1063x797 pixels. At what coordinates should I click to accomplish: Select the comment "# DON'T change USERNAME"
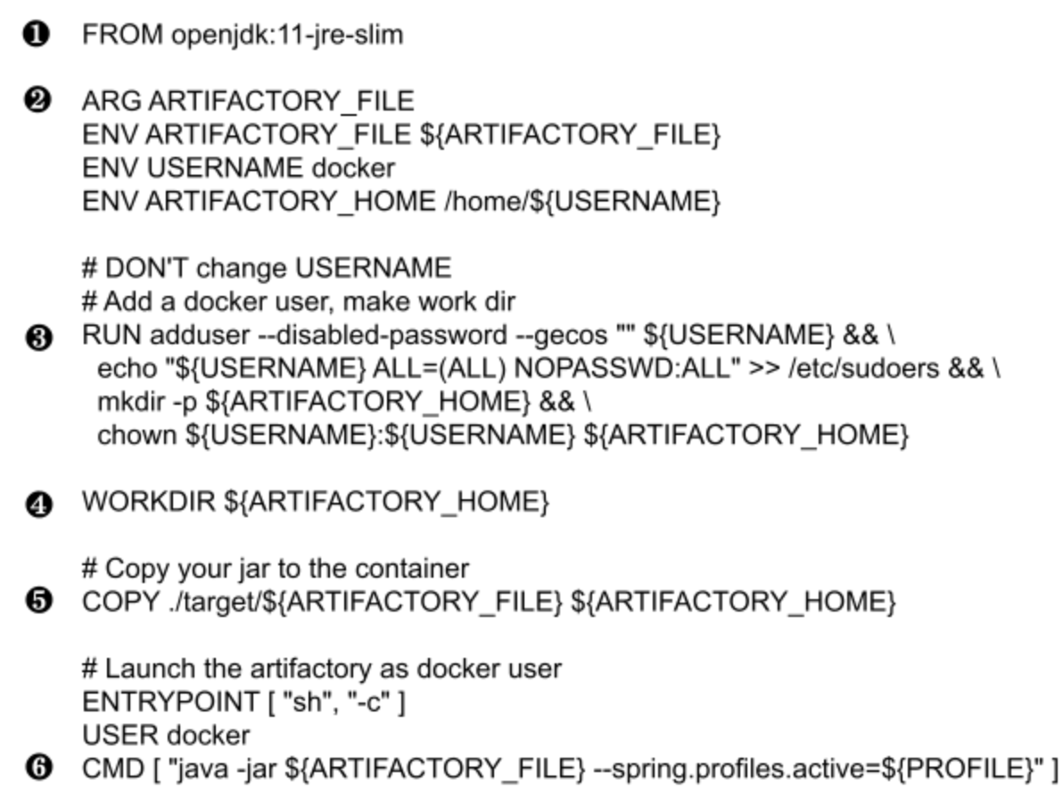click(x=267, y=267)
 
